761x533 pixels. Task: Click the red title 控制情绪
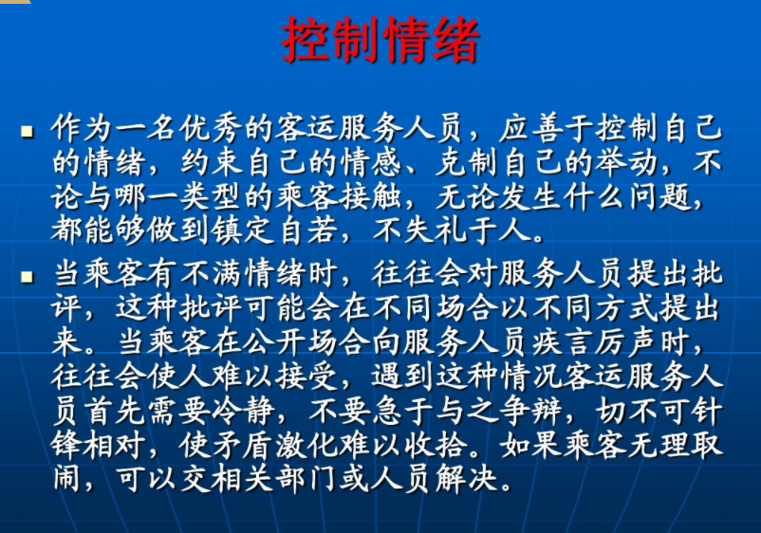(380, 40)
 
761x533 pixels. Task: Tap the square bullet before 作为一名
(27, 132)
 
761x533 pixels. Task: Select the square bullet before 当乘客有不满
(27, 277)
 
